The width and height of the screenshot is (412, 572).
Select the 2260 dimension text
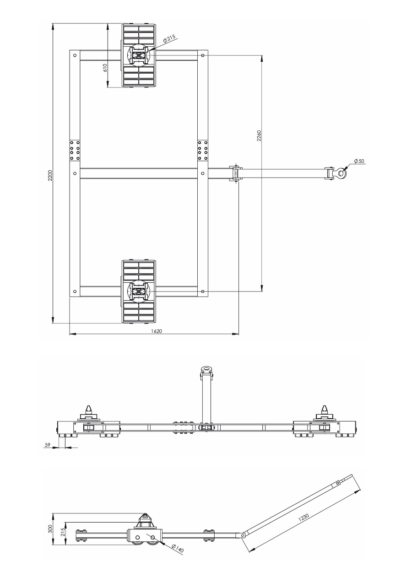[259, 135]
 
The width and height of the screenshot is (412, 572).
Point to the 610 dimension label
[105, 68]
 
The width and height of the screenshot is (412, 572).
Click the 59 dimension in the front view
[47, 444]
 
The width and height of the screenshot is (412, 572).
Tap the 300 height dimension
[50, 529]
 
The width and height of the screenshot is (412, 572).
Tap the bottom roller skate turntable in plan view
[138, 291]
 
